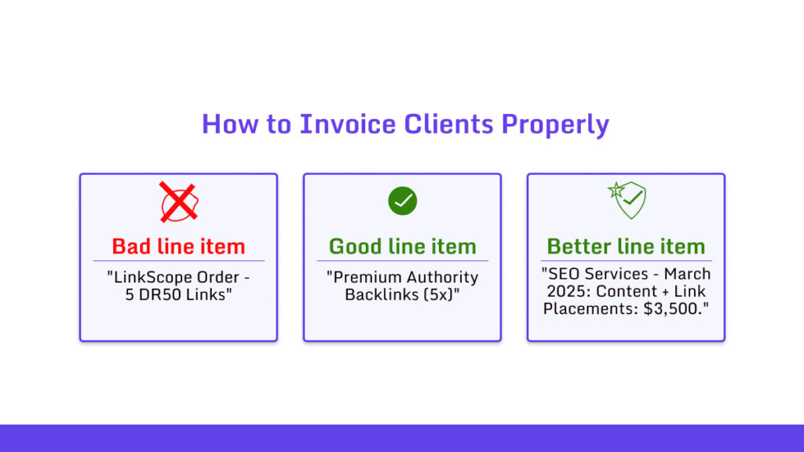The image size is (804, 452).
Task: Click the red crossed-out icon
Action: (178, 202)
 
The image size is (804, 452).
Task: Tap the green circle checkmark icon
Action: (402, 202)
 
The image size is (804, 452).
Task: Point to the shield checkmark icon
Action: (627, 200)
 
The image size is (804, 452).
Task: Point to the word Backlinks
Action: (382, 295)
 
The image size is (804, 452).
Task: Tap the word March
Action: (688, 274)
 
